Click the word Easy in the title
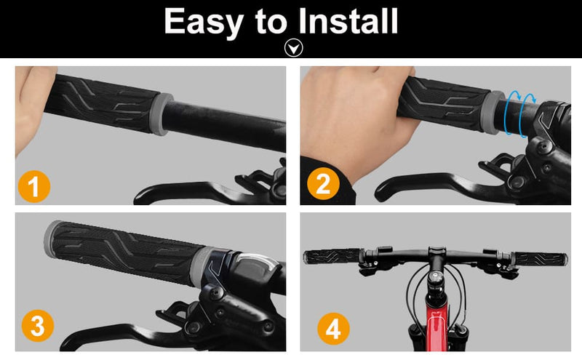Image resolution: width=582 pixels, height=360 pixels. (204, 23)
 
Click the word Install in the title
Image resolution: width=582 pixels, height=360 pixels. (348, 21)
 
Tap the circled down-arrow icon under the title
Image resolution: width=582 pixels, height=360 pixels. (294, 48)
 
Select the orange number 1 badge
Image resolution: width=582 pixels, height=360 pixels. (34, 186)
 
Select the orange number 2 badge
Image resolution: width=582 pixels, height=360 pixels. (323, 184)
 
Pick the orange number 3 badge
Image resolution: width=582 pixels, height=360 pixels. (38, 326)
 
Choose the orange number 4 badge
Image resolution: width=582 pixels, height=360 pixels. (333, 329)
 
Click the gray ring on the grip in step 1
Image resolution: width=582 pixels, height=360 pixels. (162, 114)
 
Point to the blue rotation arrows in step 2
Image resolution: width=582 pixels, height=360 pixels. (519, 113)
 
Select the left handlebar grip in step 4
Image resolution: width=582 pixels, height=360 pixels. (332, 256)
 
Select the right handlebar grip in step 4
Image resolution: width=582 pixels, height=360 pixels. (541, 259)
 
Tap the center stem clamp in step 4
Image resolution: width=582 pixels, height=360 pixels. (436, 254)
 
